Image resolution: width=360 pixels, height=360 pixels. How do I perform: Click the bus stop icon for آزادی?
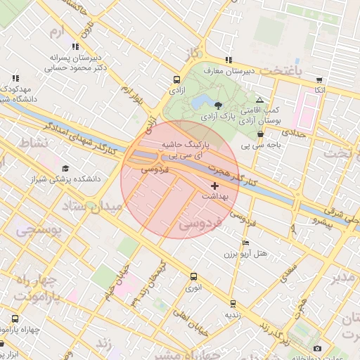point(176,79)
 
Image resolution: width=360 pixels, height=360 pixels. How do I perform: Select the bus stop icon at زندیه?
point(233,304)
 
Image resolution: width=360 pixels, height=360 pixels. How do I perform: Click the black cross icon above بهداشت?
point(214,186)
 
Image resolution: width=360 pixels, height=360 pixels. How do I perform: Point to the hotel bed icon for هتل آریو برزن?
point(245,243)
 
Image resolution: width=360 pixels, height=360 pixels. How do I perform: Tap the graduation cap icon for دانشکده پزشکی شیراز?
point(65,168)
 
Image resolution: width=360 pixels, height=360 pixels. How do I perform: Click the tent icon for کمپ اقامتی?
point(259,101)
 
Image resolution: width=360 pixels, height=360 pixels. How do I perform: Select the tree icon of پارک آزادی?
point(219,105)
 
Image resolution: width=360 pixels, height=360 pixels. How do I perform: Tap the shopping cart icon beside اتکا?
point(320,79)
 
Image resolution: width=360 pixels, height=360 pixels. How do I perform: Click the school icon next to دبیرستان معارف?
point(229,60)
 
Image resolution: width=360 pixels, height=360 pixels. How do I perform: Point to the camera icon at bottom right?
point(317,348)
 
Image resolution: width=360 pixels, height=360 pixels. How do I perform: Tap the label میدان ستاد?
point(93,206)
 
